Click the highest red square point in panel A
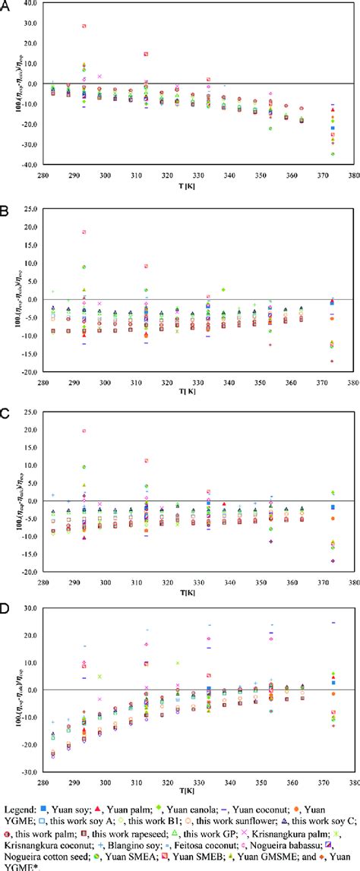(x=84, y=26)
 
